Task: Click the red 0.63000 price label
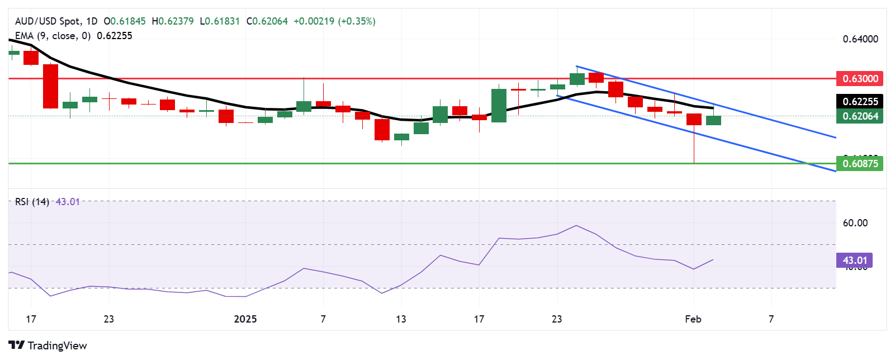pos(859,78)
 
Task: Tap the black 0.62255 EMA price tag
pos(859,101)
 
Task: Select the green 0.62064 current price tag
pos(859,116)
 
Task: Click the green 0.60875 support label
pos(859,164)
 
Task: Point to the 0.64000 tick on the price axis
pos(860,39)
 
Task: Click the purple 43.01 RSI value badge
pos(854,260)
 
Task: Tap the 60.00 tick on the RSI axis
pos(855,223)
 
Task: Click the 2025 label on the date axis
pos(245,319)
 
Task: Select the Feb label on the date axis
pos(693,319)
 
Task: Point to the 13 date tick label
pos(401,319)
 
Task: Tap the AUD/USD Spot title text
pos(48,21)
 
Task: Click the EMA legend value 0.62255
pos(115,36)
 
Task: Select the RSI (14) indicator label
pos(32,202)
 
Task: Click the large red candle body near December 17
pos(51,86)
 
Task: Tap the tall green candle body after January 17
pos(499,105)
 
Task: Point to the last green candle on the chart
pos(713,120)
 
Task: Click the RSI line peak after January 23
pos(576,225)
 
